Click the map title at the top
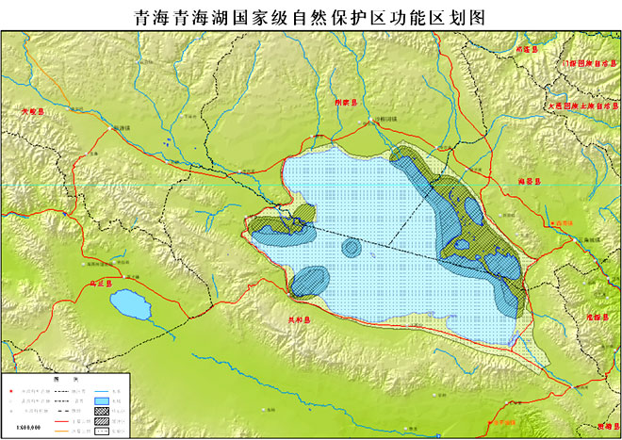tap(310, 18)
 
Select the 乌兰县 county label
tap(99, 283)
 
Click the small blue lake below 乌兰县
tap(129, 304)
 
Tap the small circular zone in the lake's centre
tap(352, 248)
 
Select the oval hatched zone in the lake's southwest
tap(310, 280)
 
